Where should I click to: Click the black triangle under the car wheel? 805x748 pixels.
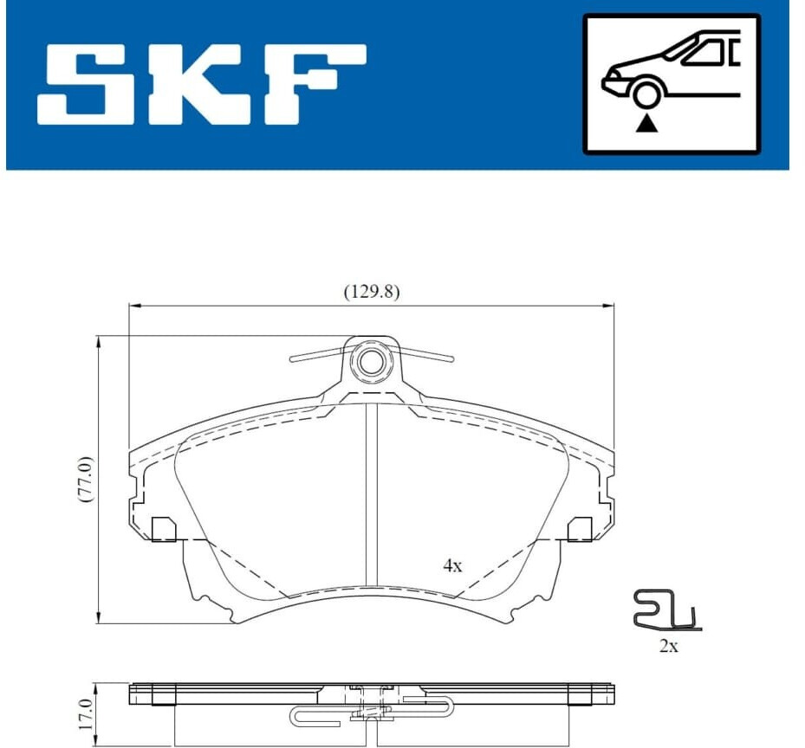(646, 124)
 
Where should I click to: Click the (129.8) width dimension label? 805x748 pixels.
(371, 292)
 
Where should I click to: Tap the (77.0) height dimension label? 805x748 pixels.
(86, 479)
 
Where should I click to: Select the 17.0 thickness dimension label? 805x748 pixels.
(87, 714)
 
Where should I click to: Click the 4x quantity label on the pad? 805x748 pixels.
(453, 566)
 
